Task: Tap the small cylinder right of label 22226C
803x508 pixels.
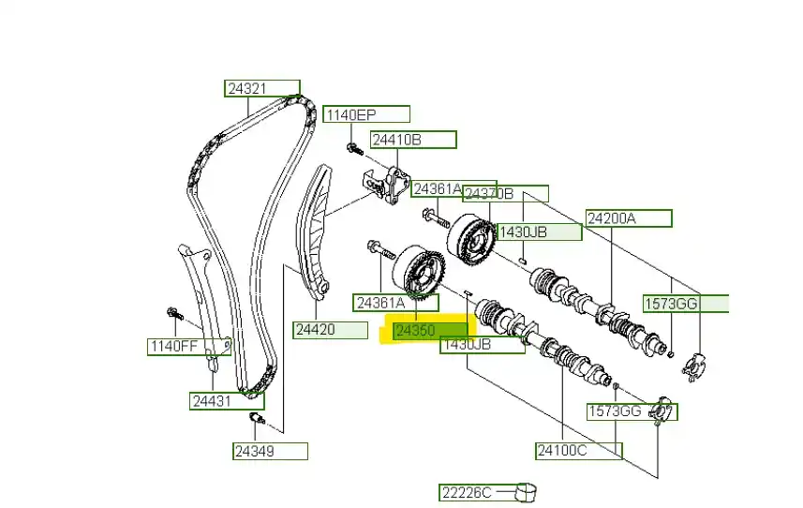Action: [x=528, y=491]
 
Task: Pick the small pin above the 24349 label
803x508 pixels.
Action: [x=254, y=418]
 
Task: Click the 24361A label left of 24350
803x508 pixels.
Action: [x=381, y=302]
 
